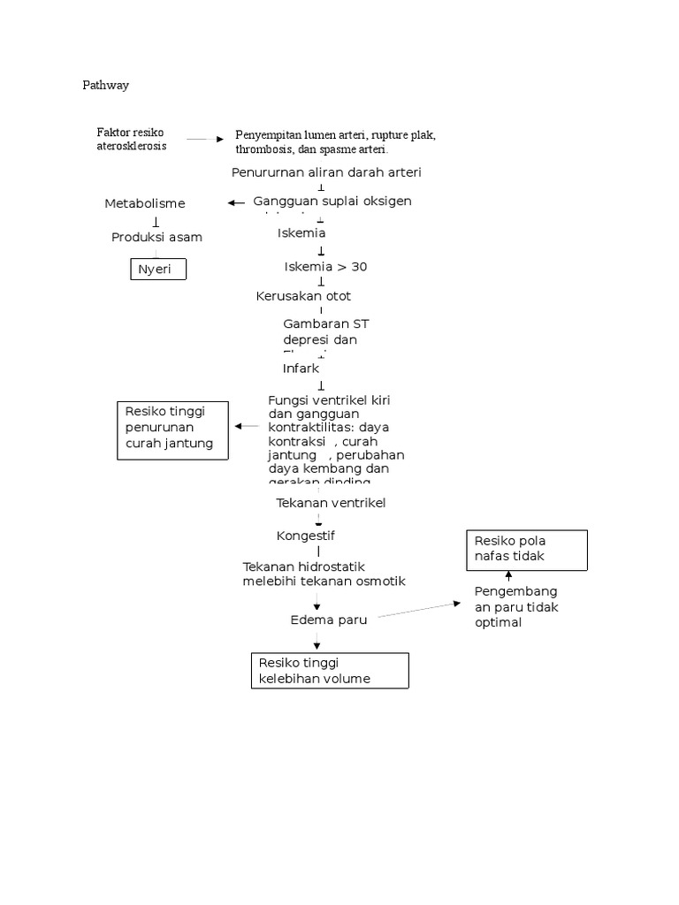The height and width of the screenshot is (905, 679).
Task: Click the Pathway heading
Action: pyautogui.click(x=105, y=86)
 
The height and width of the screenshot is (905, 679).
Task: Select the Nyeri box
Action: pyautogui.click(x=158, y=270)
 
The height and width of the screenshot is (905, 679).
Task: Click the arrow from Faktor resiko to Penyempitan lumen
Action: pyautogui.click(x=206, y=140)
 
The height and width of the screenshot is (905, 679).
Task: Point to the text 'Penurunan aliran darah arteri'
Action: pyautogui.click(x=326, y=172)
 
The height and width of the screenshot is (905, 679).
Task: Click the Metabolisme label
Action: pyautogui.click(x=145, y=204)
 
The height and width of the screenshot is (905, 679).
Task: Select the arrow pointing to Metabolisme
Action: pyautogui.click(x=236, y=203)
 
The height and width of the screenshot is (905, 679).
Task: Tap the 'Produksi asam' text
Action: pyautogui.click(x=156, y=237)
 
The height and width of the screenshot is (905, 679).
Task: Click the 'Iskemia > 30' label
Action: pyautogui.click(x=324, y=267)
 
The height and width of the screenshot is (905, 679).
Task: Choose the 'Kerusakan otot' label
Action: pyautogui.click(x=303, y=296)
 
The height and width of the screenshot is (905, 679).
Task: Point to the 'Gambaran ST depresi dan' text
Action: pyautogui.click(x=319, y=332)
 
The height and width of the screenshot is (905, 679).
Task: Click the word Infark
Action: pyautogui.click(x=301, y=368)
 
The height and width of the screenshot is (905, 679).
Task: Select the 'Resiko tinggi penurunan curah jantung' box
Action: pyautogui.click(x=173, y=430)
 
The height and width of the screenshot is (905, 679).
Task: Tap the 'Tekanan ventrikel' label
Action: pyautogui.click(x=331, y=503)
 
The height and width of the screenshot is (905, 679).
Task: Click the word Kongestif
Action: pyautogui.click(x=305, y=536)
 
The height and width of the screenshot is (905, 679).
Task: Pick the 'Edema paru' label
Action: pyautogui.click(x=328, y=620)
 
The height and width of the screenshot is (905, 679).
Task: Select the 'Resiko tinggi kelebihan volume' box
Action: pyautogui.click(x=330, y=670)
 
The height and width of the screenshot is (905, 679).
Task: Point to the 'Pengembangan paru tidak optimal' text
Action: pyautogui.click(x=516, y=606)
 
